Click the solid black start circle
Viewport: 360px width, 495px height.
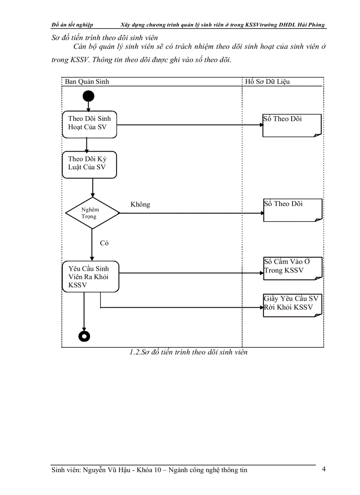[88, 96]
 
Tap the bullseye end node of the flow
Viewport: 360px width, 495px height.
[84, 336]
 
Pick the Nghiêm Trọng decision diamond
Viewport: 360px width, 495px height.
[92, 213]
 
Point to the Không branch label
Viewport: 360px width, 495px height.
[140, 205]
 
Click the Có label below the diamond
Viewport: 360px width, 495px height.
[104, 243]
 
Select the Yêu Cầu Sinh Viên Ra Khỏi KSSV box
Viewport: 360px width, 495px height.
[91, 276]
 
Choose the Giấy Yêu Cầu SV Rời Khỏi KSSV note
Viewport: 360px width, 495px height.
[292, 304]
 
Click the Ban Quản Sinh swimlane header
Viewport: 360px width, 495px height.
[87, 82]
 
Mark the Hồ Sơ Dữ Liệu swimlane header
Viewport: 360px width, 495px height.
[267, 82]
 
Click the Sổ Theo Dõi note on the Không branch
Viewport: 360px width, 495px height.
[292, 209]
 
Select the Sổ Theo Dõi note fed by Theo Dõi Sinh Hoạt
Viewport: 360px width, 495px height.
[292, 125]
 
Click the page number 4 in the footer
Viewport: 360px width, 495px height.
[324, 469]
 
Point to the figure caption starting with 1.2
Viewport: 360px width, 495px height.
[188, 352]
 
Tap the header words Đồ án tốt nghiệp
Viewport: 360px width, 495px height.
[72, 25]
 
